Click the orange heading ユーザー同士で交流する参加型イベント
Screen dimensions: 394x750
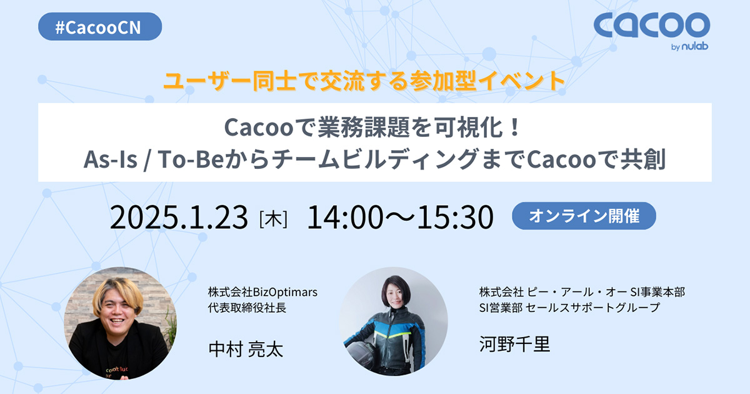pyautogui.click(x=364, y=81)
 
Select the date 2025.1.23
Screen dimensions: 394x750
pyautogui.click(x=179, y=217)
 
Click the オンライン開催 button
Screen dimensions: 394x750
pyautogui.click(x=584, y=216)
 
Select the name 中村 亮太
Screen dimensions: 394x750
pyautogui.click(x=246, y=348)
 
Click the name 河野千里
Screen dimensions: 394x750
pyautogui.click(x=514, y=343)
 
